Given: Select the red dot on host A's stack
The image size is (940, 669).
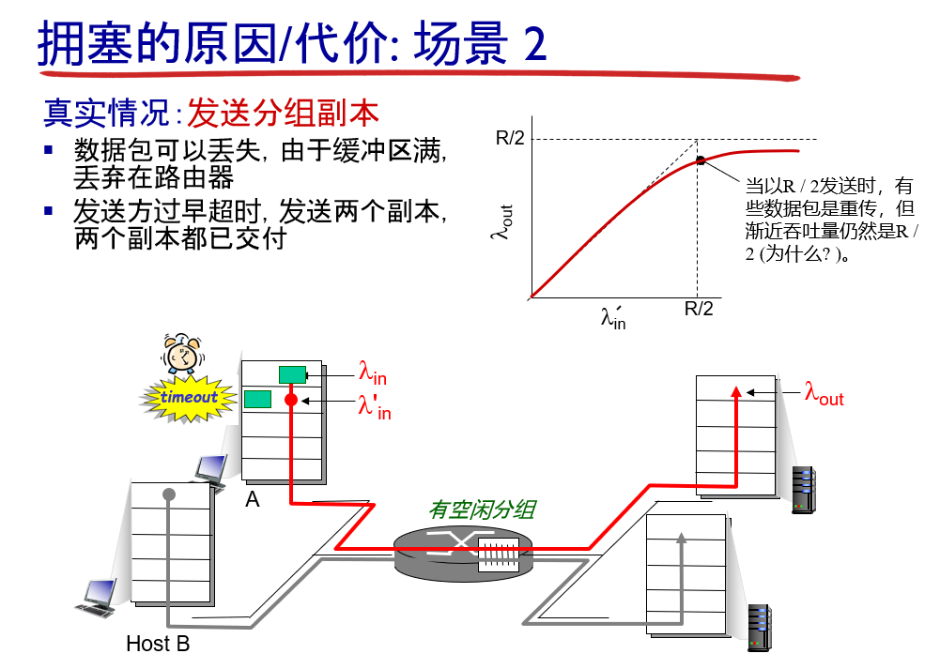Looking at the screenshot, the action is pyautogui.click(x=291, y=400).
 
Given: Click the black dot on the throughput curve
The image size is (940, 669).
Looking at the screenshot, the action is pyautogui.click(x=701, y=160).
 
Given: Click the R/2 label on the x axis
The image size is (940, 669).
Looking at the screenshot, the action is pyautogui.click(x=698, y=308).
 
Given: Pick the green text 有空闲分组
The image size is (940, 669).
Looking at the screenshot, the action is pyautogui.click(x=482, y=509).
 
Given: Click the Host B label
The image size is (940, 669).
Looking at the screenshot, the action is pyautogui.click(x=158, y=644).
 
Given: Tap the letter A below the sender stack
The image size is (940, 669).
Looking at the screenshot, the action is pyautogui.click(x=252, y=500).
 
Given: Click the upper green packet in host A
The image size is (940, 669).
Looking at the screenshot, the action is pyautogui.click(x=292, y=375).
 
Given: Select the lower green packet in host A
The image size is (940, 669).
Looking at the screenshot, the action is pyautogui.click(x=257, y=400).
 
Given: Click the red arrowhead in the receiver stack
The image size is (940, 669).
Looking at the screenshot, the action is pyautogui.click(x=737, y=389).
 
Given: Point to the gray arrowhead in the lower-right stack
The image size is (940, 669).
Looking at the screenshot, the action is pyautogui.click(x=682, y=538).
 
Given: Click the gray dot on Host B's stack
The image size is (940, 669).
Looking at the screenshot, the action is pyautogui.click(x=169, y=494).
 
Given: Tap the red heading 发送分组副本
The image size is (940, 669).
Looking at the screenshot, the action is pyautogui.click(x=284, y=113).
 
